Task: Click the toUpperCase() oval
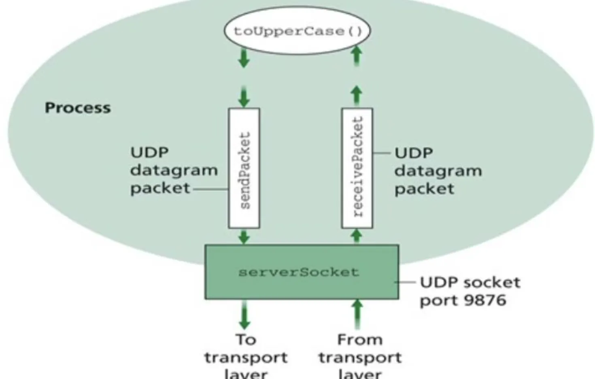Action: (297, 31)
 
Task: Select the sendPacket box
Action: (244, 168)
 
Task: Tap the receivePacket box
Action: (357, 168)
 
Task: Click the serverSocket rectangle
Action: (302, 272)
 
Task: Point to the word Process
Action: (78, 108)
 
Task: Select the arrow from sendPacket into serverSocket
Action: (244, 236)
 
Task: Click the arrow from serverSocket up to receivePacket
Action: (357, 236)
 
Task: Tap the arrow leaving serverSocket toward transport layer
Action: (244, 314)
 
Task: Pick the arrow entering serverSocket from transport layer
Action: (357, 313)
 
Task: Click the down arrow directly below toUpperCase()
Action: (244, 57)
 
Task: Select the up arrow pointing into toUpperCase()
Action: (357, 56)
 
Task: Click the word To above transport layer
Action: (246, 339)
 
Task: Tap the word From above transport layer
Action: (360, 339)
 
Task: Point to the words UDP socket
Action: (470, 282)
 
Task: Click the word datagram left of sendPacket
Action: (174, 170)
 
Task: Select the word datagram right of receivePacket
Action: (438, 171)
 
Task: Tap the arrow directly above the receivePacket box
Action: (357, 96)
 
